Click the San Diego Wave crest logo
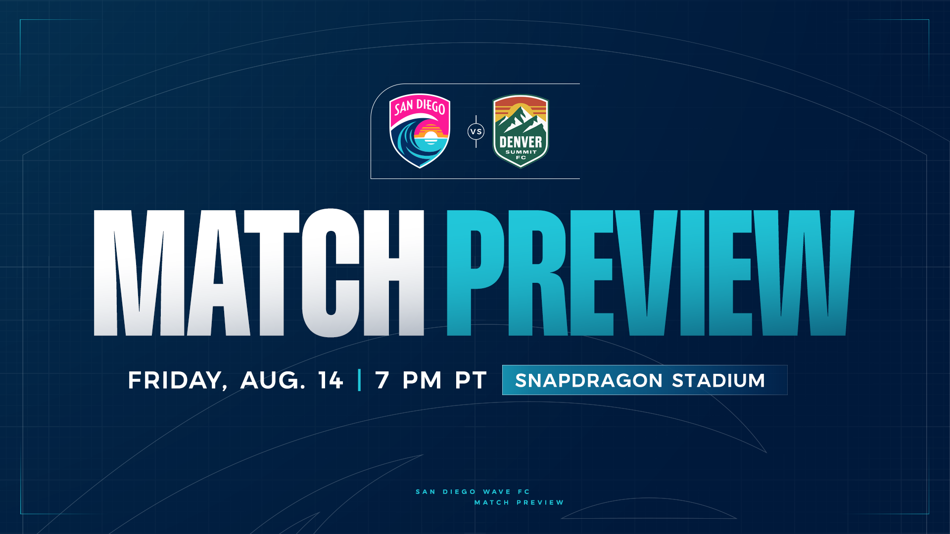[420, 131]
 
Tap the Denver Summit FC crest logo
[521, 131]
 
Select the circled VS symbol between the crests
[476, 132]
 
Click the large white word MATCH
[259, 273]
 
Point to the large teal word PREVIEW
[650, 273]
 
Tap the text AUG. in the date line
[273, 380]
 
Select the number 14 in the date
[331, 380]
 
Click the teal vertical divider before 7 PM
[359, 380]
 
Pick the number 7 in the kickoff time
[382, 380]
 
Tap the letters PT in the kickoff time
[471, 380]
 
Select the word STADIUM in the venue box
[718, 380]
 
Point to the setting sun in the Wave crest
[431, 135]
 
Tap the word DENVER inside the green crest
[521, 142]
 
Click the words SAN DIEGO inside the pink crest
[420, 106]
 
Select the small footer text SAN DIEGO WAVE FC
[473, 491]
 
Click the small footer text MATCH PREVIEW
[519, 502]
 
